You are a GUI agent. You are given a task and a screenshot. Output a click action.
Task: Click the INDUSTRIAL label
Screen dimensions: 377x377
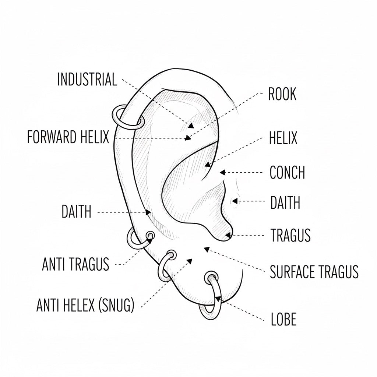point(87,80)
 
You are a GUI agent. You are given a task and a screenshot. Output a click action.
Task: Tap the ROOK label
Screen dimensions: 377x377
point(282,95)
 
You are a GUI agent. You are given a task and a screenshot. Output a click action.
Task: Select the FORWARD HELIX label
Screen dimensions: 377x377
point(68,138)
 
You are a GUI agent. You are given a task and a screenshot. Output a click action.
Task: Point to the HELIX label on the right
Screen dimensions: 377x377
point(283,139)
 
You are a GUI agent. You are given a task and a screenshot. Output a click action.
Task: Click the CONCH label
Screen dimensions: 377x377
point(287,172)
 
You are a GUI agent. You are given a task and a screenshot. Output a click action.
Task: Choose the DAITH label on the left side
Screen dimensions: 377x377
point(77,212)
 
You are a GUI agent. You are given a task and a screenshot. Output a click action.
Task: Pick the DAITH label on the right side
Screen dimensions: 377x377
point(285,203)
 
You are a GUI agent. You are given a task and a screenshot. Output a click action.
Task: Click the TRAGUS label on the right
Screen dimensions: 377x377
point(290,235)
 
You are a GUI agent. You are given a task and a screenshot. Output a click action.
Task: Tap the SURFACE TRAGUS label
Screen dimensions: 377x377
point(314,272)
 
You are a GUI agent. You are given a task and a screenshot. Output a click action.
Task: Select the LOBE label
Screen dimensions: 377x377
point(283,320)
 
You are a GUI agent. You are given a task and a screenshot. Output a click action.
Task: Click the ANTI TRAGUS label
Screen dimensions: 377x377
point(76,264)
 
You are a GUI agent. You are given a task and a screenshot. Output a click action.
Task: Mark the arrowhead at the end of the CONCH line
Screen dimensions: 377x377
point(222,172)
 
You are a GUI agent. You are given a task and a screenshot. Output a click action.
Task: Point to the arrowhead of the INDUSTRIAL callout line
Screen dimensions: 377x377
point(191,126)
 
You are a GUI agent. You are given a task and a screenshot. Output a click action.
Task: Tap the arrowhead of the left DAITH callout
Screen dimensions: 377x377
point(148,212)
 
